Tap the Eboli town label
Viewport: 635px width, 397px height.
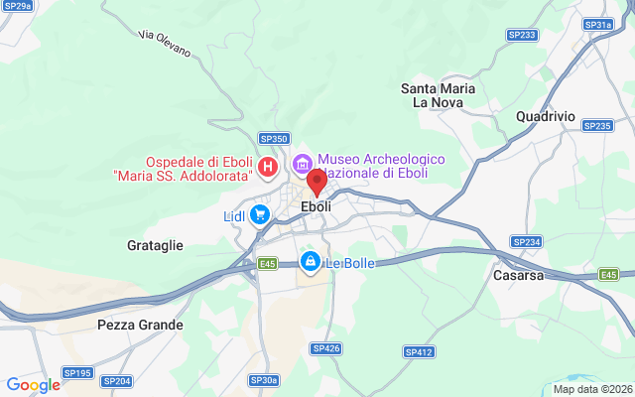(317, 207)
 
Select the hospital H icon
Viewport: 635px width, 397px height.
(267, 165)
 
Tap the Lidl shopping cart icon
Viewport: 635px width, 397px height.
(260, 214)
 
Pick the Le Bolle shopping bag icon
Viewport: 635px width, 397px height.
(310, 262)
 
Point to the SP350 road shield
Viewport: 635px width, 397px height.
(274, 139)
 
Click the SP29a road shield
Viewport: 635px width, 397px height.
(16, 6)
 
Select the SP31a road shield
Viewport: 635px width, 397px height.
(598, 25)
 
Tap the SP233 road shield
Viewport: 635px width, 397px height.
(522, 35)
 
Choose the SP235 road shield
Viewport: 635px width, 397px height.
(598, 126)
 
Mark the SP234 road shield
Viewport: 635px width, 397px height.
(526, 242)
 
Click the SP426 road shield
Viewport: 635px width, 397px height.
(325, 348)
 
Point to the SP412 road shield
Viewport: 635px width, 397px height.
(419, 352)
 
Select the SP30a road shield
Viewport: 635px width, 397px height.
(264, 380)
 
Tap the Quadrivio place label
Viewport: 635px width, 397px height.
(546, 116)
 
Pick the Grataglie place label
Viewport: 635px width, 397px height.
(155, 244)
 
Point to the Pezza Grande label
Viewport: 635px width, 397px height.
(140, 325)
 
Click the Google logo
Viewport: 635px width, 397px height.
(33, 385)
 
